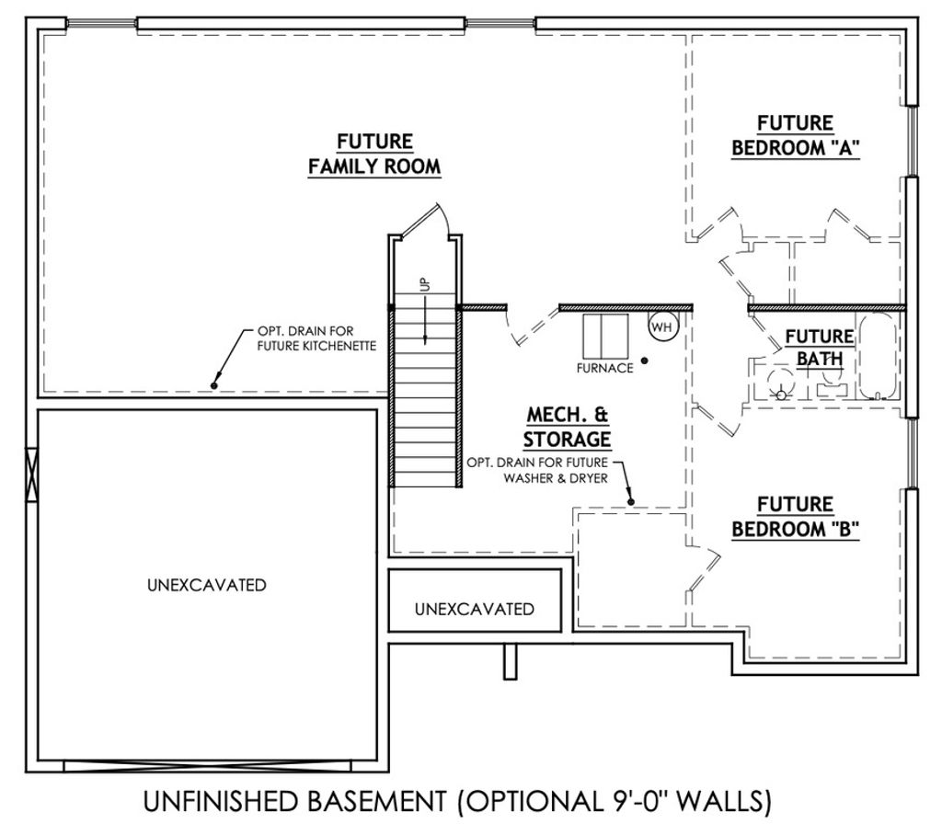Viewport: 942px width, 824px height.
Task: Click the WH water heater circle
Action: (x=662, y=327)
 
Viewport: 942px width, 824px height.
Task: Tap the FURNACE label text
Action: (x=604, y=368)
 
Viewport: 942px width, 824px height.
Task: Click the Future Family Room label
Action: (x=374, y=154)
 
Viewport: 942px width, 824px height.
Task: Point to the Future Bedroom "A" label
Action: (x=796, y=136)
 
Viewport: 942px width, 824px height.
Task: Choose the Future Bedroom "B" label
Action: (x=796, y=517)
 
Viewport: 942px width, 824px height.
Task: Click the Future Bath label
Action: (x=820, y=348)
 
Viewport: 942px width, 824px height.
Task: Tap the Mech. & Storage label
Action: (x=567, y=427)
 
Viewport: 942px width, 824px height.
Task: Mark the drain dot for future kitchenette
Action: (x=213, y=385)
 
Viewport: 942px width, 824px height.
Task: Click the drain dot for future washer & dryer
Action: (x=631, y=501)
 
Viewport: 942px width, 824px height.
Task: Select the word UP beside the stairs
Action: (x=425, y=283)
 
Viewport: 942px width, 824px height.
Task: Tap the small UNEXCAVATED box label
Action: (x=475, y=609)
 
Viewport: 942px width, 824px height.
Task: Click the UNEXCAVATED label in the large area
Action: (x=207, y=585)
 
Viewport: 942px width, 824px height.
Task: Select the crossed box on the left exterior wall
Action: (x=31, y=474)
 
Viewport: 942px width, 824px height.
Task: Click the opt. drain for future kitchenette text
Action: (x=316, y=338)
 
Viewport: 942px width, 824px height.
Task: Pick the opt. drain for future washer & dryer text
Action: (x=537, y=470)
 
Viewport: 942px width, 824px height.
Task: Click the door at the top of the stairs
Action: (x=423, y=220)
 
